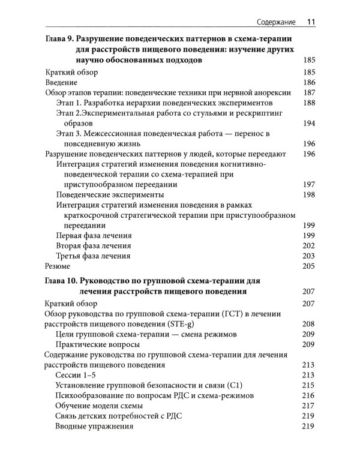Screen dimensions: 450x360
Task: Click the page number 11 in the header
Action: (x=311, y=22)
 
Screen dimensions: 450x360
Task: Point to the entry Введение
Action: (x=62, y=82)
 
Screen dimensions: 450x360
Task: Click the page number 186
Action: (x=307, y=82)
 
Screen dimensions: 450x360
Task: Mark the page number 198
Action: (x=307, y=195)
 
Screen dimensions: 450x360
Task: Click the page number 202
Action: (x=307, y=246)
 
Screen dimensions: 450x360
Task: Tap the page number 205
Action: (x=307, y=266)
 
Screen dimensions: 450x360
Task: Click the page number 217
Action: (x=307, y=406)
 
